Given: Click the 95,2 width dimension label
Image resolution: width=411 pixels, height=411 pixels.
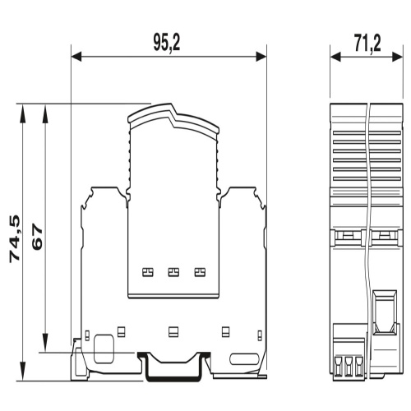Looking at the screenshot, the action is [x=167, y=44].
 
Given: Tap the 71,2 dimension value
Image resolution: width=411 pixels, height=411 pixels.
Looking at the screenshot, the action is [x=367, y=44].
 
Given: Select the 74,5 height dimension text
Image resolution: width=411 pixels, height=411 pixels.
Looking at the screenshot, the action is [x=15, y=239].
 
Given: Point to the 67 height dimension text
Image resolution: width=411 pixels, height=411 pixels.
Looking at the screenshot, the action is [x=37, y=237].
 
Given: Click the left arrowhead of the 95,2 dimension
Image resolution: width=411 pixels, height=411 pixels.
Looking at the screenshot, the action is [x=76, y=57].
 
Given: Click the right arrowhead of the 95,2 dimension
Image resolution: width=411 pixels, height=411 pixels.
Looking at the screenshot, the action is [x=261, y=57].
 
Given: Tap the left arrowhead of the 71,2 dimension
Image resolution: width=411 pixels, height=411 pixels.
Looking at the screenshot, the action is [x=335, y=57].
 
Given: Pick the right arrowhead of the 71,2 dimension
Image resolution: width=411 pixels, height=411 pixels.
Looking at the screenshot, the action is [x=398, y=57].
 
